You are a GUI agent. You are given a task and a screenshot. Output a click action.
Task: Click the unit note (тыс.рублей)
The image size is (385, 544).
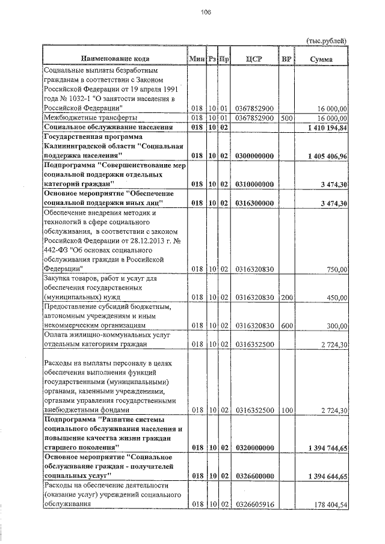[327, 40]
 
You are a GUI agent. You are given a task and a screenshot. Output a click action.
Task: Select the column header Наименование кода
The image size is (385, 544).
[114, 59]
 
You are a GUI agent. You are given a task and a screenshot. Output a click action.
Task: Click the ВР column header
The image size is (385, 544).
[286, 59]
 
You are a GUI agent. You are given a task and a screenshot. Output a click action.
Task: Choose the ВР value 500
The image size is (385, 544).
[286, 118]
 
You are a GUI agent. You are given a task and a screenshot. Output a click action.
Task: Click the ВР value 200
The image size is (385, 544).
[286, 296]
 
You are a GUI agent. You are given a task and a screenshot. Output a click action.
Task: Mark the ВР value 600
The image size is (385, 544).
[286, 325]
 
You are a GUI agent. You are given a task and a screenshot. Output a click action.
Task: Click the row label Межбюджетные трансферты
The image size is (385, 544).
[90, 118]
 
